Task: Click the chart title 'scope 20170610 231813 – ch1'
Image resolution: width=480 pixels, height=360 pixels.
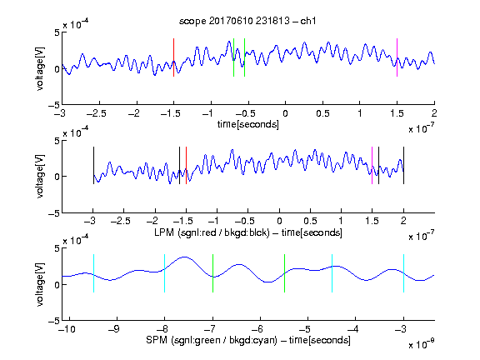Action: click(x=247, y=21)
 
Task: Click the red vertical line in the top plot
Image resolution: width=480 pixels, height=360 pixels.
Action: click(x=173, y=57)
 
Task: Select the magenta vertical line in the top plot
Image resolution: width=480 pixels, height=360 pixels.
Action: click(x=397, y=57)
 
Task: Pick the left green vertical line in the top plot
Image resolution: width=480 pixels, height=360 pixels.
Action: click(x=233, y=57)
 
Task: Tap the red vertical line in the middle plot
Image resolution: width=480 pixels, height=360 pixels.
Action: click(x=186, y=166)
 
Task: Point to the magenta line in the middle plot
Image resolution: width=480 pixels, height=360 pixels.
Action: click(x=372, y=166)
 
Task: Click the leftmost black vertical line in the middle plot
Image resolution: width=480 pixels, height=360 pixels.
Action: click(x=93, y=166)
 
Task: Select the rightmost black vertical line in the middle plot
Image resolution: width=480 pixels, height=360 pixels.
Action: click(x=403, y=166)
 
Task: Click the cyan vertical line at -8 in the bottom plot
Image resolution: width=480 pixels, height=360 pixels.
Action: click(x=165, y=273)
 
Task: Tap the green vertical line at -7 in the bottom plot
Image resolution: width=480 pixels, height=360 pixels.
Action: click(x=212, y=273)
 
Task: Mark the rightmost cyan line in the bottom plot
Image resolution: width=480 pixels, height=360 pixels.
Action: click(x=403, y=273)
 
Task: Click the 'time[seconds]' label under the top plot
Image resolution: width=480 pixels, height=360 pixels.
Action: click(x=248, y=124)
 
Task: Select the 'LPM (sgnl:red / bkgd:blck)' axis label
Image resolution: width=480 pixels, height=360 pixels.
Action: click(x=212, y=232)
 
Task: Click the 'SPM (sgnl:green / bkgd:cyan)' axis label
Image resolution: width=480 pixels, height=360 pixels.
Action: click(x=212, y=340)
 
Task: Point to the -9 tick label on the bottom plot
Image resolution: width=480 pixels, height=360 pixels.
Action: click(x=114, y=329)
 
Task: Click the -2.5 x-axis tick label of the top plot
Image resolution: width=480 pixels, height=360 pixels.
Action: click(x=97, y=113)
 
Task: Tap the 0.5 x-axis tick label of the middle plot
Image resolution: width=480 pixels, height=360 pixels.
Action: click(x=310, y=221)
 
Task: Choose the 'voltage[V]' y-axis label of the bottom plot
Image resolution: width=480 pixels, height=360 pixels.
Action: click(x=40, y=284)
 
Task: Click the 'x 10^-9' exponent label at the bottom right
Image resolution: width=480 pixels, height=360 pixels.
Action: click(x=421, y=344)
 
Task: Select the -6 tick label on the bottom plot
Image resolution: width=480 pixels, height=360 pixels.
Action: click(x=257, y=329)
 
